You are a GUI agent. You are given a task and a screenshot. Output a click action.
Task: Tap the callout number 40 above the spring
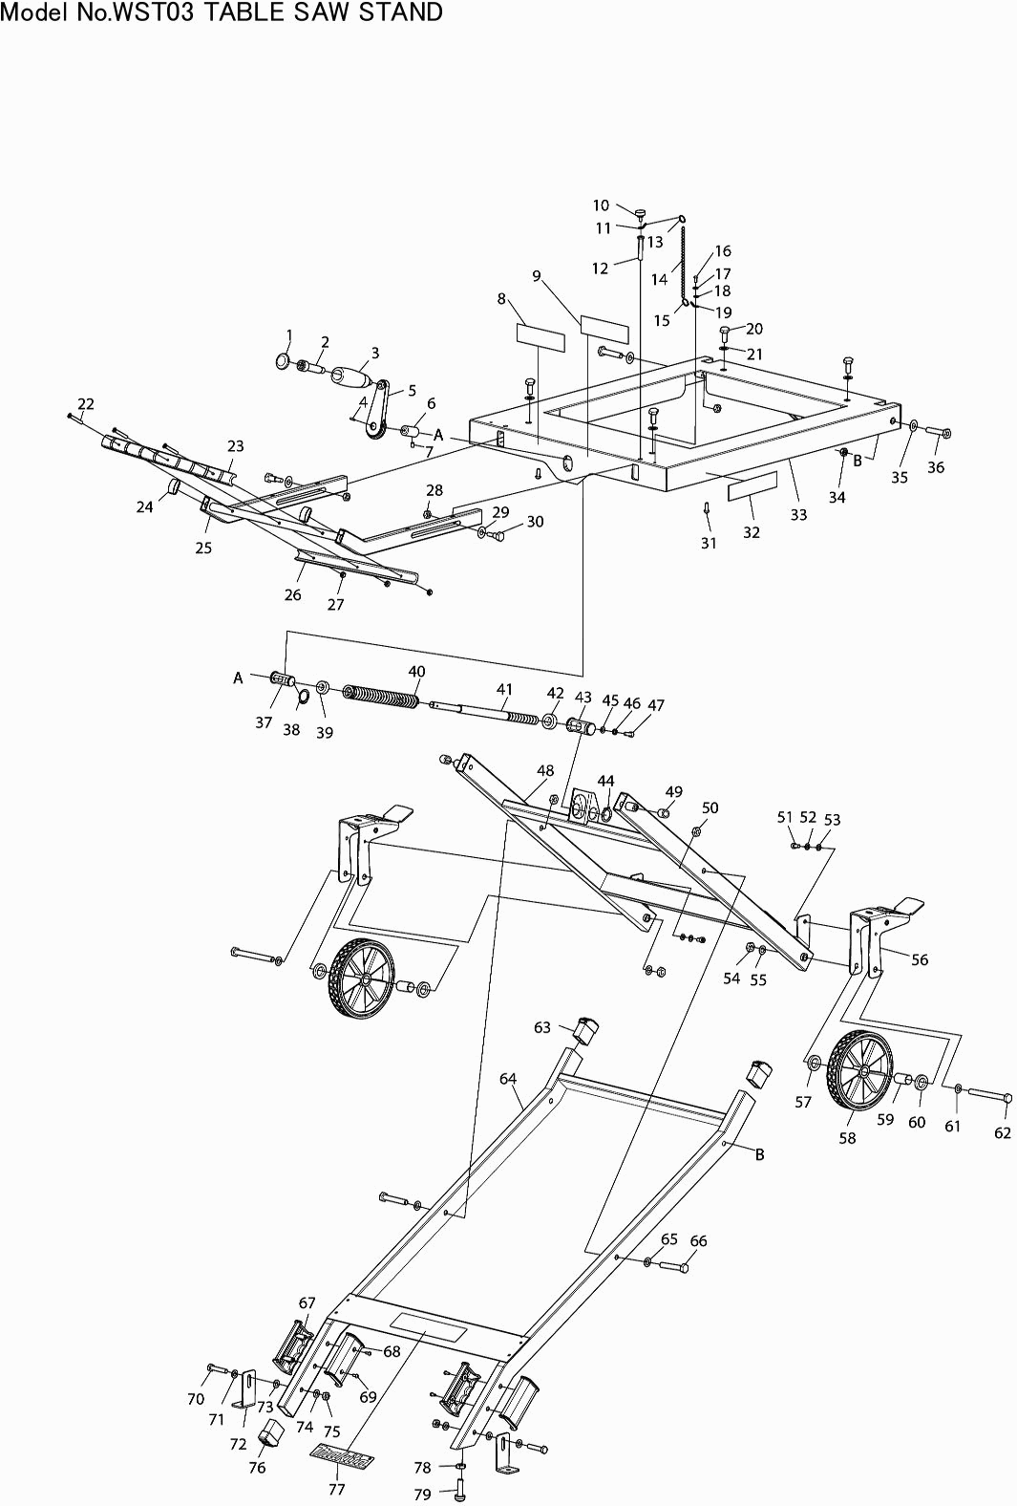tap(416, 671)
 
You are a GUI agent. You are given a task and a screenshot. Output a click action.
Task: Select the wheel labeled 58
tap(860, 1070)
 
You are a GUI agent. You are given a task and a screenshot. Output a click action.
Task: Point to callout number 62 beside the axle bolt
tap(1003, 1132)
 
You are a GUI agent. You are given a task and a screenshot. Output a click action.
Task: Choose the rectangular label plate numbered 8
tap(540, 337)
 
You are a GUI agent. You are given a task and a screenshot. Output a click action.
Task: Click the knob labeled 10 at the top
tap(640, 214)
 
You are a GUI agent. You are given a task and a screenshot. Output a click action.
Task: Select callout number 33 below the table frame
tap(798, 514)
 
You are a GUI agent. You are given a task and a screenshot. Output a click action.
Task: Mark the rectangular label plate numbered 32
tap(752, 486)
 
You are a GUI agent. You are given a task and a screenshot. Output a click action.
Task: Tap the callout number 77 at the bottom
tap(336, 1488)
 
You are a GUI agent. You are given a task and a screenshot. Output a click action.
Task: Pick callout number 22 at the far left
tap(85, 403)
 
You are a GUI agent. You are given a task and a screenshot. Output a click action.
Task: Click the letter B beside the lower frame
tap(760, 1154)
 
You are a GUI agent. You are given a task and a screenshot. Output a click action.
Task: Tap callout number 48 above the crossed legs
tap(545, 770)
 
